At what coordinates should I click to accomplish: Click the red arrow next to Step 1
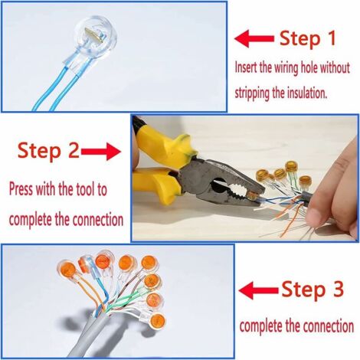pos(254,39)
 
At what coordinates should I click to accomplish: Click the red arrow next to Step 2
pos(101,152)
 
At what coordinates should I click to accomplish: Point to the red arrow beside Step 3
pos(259,290)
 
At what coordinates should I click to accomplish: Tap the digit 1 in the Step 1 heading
pos(332,38)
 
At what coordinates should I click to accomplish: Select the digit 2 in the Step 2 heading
pos(74,150)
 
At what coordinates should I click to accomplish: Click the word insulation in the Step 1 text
pos(307,93)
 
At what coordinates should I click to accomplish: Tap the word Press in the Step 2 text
pos(21,189)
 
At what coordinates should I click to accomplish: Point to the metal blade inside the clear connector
pos(93,34)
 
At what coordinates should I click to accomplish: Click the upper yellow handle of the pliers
pos(163,145)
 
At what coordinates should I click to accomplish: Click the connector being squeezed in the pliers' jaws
pos(253,196)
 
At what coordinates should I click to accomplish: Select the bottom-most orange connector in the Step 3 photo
pos(156,320)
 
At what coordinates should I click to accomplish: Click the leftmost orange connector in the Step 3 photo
pos(67,270)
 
